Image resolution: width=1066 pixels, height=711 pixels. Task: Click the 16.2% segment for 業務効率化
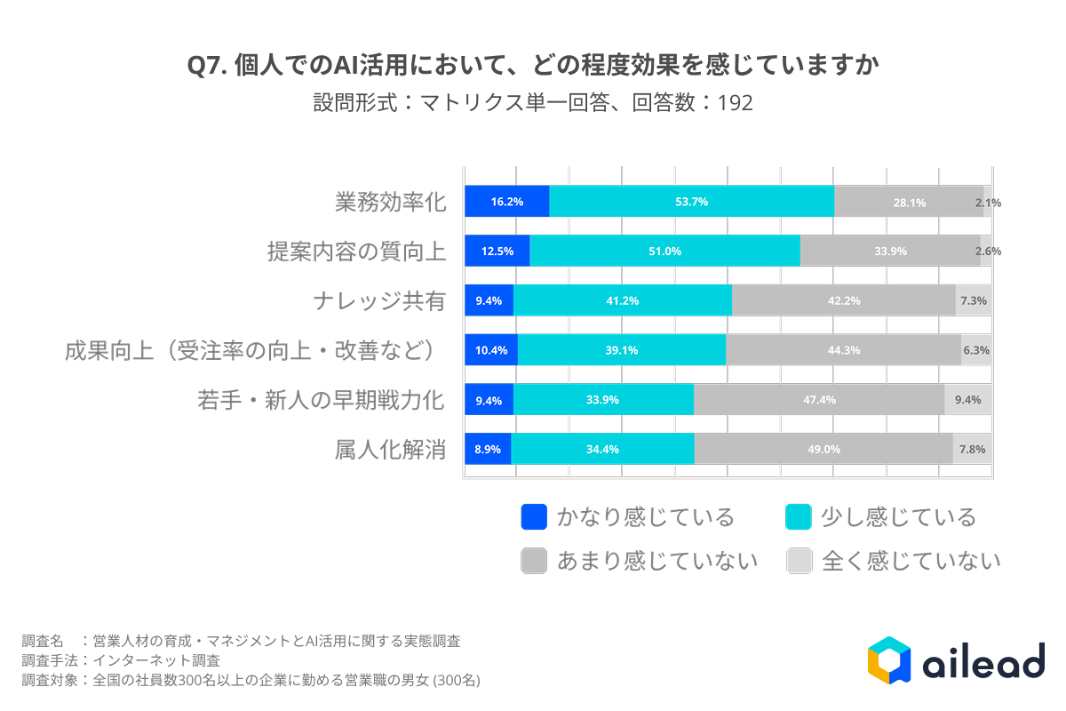pos(507,202)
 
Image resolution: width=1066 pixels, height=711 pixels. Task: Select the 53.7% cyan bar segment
pos(691,202)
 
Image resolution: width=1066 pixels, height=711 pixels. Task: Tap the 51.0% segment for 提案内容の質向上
pos(664,252)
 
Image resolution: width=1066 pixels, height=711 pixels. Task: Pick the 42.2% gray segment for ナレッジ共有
pos(843,300)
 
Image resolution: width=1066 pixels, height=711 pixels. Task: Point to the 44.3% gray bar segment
pos(843,350)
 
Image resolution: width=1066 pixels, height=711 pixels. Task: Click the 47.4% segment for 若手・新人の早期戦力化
pos(818,400)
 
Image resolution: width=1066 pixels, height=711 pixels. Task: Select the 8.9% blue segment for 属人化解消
pos(488,449)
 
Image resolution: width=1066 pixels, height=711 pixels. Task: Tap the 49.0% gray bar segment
pos(823,449)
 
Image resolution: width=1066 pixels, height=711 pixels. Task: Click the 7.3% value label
pos(974,300)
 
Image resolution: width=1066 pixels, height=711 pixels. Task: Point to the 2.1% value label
pos(988,203)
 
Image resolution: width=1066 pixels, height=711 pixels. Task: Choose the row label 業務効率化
pos(389,203)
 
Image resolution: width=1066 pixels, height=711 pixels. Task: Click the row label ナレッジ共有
pos(378,301)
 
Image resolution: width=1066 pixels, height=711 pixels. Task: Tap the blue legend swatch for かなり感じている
pos(534,517)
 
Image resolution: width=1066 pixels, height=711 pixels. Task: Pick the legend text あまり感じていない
pos(656,561)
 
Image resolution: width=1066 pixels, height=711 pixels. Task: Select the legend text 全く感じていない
pos(911,561)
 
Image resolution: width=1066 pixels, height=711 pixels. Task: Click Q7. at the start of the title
pos(207,67)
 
